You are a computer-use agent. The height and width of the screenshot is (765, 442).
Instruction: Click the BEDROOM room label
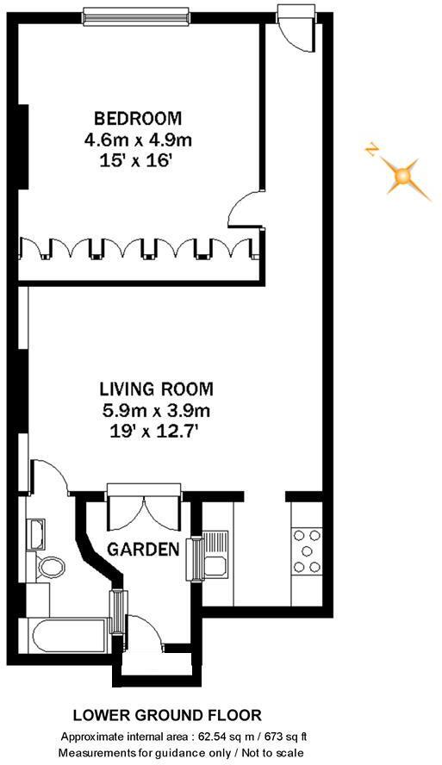point(139,118)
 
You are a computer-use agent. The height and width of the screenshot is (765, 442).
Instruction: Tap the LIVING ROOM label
point(156,389)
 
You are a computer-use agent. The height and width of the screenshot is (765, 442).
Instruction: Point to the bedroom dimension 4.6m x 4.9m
point(139,138)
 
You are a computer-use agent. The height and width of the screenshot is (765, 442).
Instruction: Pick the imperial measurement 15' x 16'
point(139,159)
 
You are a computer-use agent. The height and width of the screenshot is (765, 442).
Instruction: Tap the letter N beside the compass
point(371,151)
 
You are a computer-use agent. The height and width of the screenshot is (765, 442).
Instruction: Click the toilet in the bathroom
point(52,566)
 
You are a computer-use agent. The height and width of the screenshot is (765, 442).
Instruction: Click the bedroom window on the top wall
point(137,14)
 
